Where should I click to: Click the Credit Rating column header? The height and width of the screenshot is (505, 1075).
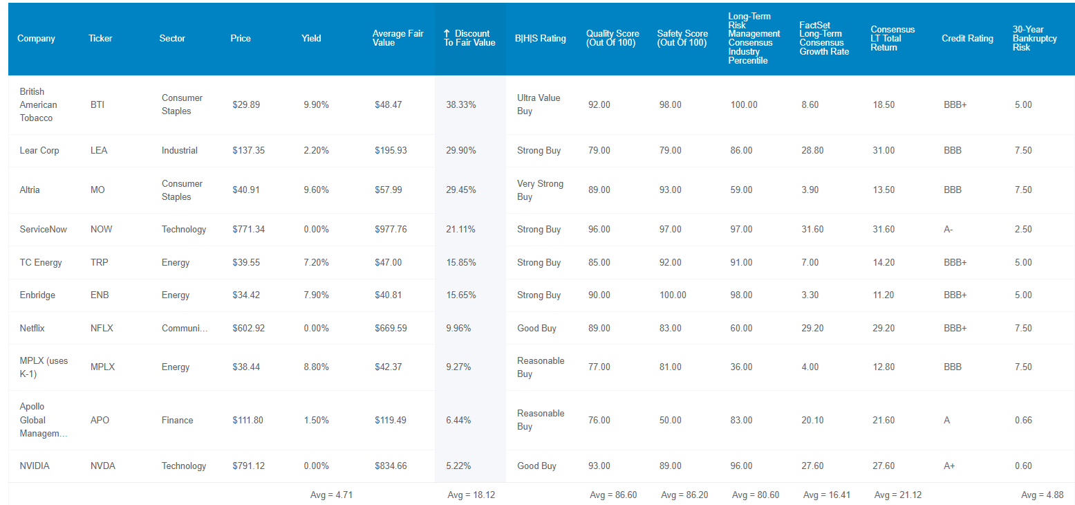click(x=967, y=39)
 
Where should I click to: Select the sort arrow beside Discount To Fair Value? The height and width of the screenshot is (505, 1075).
click(x=447, y=33)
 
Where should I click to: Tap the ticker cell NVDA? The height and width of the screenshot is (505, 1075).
click(x=103, y=466)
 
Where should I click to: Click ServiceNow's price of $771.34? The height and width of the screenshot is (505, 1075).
click(x=249, y=230)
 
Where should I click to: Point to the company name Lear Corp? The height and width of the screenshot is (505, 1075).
click(x=39, y=150)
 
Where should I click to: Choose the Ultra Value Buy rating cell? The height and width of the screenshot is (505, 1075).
click(x=539, y=104)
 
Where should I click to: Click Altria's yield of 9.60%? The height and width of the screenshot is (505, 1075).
click(x=316, y=190)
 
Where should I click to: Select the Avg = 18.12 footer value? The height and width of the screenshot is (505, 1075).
click(x=471, y=495)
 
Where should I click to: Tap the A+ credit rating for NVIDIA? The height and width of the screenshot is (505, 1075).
click(x=949, y=466)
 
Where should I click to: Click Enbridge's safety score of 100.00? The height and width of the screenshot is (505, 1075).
click(x=673, y=295)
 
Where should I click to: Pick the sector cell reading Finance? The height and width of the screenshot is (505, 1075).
click(x=177, y=420)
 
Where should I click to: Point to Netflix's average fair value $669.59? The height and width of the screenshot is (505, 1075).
click(x=391, y=328)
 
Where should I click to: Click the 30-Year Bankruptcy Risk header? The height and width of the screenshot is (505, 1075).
click(x=1035, y=39)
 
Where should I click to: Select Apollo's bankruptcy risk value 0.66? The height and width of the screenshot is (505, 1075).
click(x=1023, y=420)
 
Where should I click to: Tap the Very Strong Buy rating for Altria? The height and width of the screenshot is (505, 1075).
click(x=540, y=190)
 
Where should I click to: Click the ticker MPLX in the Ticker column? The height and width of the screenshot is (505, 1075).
click(x=103, y=367)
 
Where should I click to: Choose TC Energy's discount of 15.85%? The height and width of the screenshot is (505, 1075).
click(x=460, y=263)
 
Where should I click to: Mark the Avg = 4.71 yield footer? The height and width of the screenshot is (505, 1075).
click(x=332, y=495)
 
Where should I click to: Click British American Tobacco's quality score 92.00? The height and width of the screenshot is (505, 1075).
click(x=599, y=104)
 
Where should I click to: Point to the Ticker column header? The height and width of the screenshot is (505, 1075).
click(x=100, y=39)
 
